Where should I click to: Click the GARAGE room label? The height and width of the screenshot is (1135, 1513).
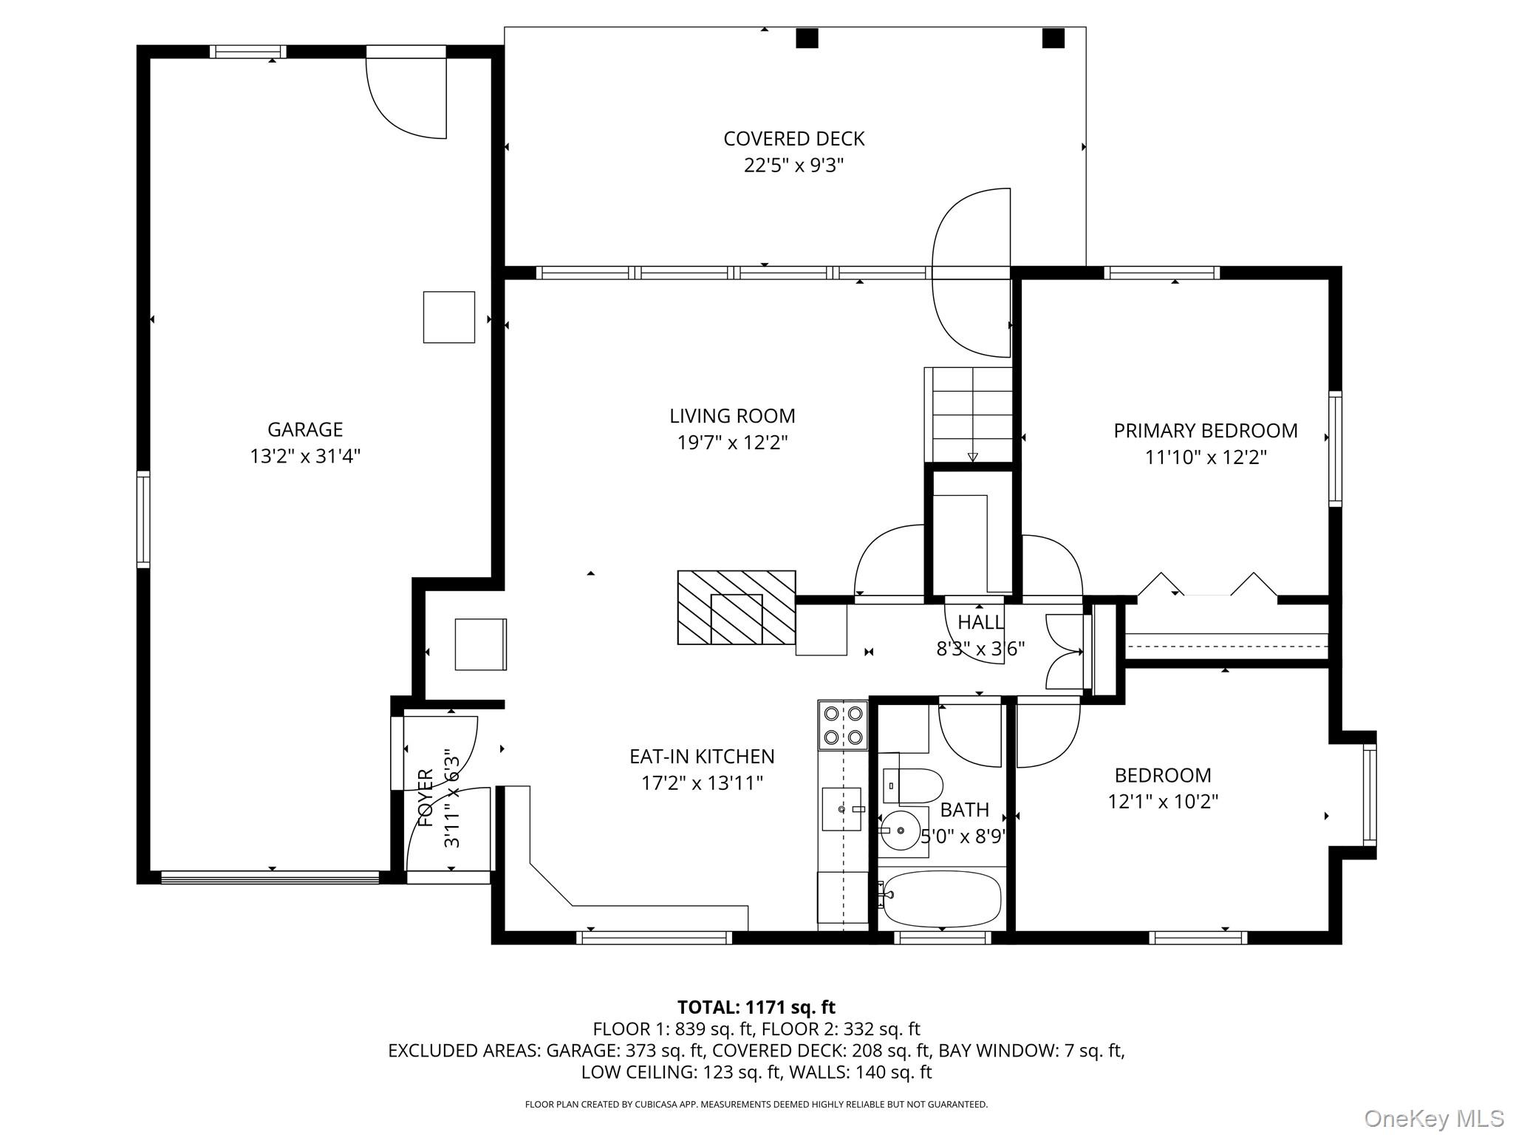[304, 429]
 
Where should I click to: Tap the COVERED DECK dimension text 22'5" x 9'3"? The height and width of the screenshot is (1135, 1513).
[793, 165]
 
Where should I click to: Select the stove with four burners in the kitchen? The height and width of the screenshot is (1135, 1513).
[844, 725]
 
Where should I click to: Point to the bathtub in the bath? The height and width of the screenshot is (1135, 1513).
[941, 899]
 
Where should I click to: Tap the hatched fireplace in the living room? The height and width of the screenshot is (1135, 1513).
[737, 607]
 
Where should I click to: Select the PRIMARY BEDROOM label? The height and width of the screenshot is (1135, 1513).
[1205, 431]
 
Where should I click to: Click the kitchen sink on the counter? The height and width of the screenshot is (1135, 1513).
[842, 809]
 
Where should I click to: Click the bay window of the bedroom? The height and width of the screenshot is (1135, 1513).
[1369, 795]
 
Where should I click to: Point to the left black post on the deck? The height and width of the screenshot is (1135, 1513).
[807, 38]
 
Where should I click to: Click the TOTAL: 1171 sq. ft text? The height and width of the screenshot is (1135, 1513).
[756, 1007]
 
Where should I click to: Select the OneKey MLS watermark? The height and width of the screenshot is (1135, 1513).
[1433, 1119]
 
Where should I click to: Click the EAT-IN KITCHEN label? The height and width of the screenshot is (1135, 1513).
[701, 757]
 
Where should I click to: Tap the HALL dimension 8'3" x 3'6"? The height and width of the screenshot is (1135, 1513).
[980, 649]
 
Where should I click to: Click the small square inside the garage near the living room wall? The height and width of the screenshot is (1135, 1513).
[448, 317]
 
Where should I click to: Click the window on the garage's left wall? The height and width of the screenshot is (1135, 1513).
[143, 519]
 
